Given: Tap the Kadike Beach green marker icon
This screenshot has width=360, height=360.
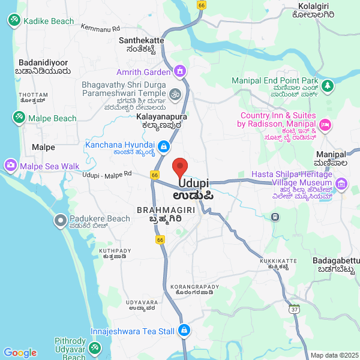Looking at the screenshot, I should [x=13, y=20].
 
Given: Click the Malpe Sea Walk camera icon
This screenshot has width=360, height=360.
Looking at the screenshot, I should [x=10, y=165].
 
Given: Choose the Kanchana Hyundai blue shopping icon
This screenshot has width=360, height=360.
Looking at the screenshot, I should [x=163, y=146].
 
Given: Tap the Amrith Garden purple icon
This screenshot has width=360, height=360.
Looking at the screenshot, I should [x=179, y=72].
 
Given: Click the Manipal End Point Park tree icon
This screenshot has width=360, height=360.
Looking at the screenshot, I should [x=327, y=86].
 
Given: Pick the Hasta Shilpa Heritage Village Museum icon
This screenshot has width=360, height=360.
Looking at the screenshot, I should [x=342, y=183].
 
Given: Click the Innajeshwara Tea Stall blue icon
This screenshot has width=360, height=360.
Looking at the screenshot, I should [x=184, y=331].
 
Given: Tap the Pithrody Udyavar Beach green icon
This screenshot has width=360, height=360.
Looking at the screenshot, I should [x=95, y=347].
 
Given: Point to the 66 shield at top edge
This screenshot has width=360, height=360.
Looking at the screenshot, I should [x=201, y=4].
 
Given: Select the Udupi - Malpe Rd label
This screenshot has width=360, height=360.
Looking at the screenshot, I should [x=107, y=173].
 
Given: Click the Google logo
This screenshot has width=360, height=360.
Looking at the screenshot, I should [x=20, y=353].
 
